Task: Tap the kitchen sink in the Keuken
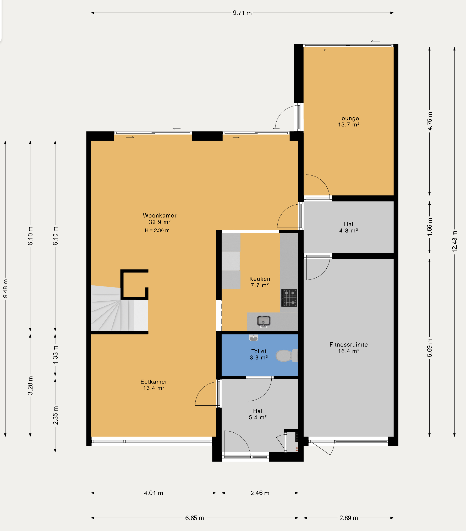coord(264,321)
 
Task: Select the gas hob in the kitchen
coord(289,298)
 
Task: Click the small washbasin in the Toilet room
coord(253,338)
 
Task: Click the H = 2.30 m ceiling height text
coord(157,230)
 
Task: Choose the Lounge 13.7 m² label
coord(348,121)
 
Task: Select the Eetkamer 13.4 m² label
coord(154,385)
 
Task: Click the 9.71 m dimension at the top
coord(242,13)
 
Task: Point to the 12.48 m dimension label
coord(454,241)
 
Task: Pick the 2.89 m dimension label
coord(348,518)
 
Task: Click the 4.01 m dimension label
coord(153,493)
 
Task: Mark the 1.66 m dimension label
coord(430,227)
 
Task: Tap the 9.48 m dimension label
coord(5,289)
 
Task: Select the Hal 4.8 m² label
coord(348,227)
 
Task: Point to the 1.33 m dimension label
coord(55,355)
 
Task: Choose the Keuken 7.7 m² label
coord(260,282)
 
